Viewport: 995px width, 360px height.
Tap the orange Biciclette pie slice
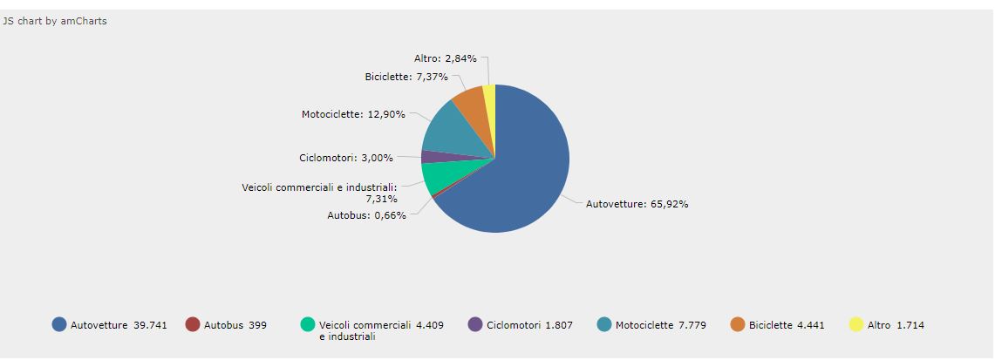click(x=471, y=100)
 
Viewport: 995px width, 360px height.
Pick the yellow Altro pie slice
click(x=490, y=98)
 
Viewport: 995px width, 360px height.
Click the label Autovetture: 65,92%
click(x=637, y=204)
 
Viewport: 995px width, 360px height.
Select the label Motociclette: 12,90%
click(x=353, y=114)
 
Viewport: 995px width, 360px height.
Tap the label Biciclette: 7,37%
click(x=406, y=77)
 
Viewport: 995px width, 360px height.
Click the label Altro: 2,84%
click(x=446, y=58)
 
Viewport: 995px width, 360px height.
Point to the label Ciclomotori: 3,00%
click(x=346, y=158)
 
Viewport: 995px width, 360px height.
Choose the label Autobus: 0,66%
click(x=367, y=215)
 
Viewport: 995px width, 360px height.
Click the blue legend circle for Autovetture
click(x=59, y=324)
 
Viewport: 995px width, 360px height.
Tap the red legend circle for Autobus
click(x=193, y=324)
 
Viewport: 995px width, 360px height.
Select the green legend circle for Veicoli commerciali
click(x=308, y=324)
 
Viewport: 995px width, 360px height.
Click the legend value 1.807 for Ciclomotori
click(x=559, y=325)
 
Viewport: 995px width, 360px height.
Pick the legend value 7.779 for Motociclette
click(x=692, y=325)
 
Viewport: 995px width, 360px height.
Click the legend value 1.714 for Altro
click(x=910, y=325)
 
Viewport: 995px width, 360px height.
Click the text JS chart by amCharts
click(x=55, y=21)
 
